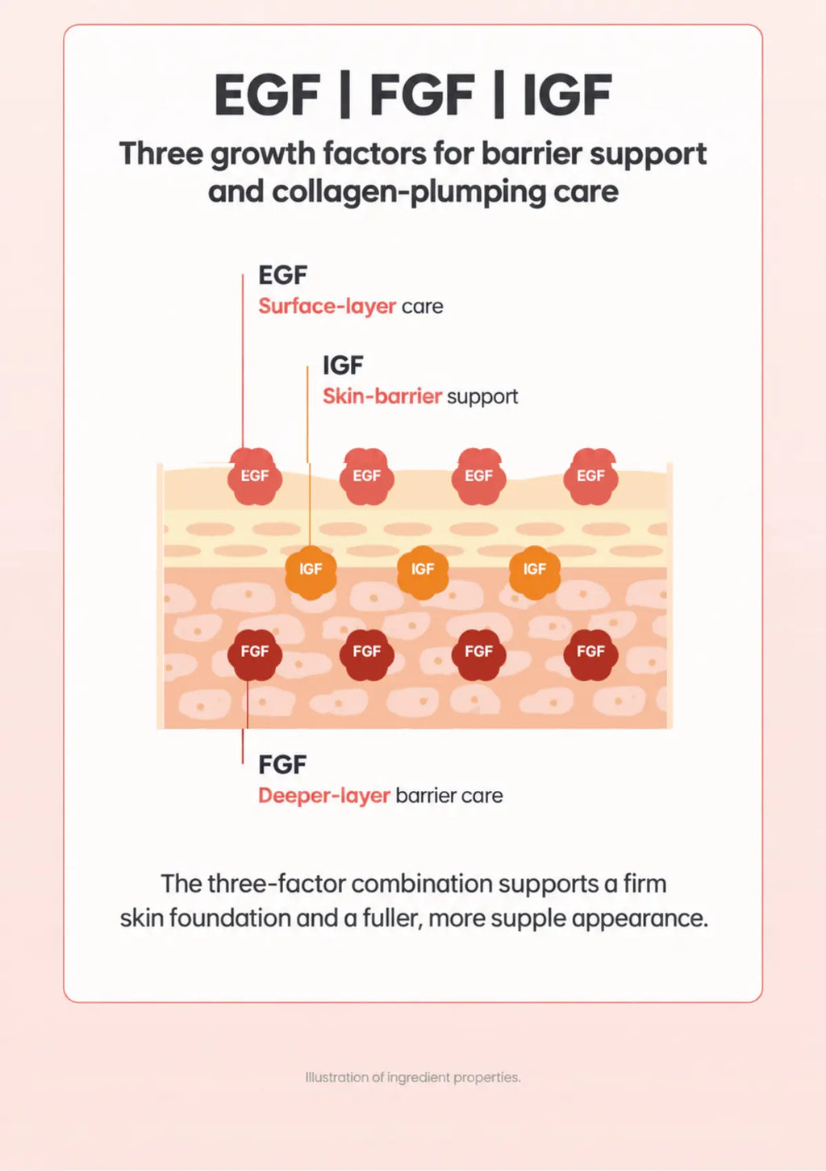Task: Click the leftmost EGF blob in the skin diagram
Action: click(254, 475)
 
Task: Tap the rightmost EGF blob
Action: click(591, 475)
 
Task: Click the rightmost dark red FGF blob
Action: click(591, 655)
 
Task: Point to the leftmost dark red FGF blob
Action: click(254, 655)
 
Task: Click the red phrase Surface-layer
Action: click(327, 307)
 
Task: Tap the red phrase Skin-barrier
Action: click(382, 396)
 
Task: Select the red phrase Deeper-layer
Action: click(324, 796)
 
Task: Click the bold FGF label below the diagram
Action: click(282, 764)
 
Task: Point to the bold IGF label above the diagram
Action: click(343, 365)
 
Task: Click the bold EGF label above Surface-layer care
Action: click(282, 275)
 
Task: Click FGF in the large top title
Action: click(422, 95)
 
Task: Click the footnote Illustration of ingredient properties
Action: click(413, 1077)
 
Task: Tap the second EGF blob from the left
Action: click(367, 475)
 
